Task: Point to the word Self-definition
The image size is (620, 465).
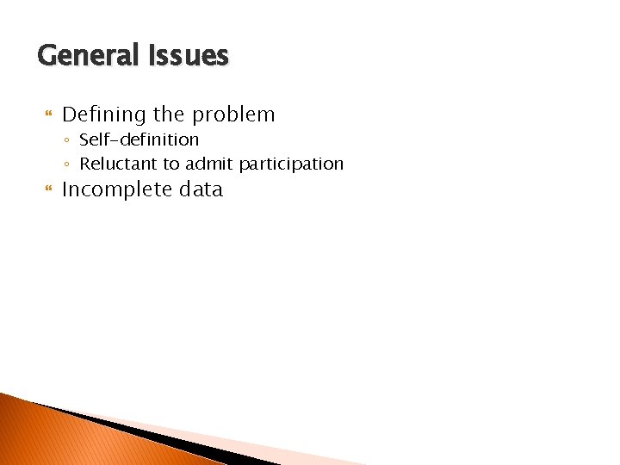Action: tap(139, 139)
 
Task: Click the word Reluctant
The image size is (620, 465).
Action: tap(115, 164)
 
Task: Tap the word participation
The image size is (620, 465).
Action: tap(291, 164)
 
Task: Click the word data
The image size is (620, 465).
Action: tap(201, 189)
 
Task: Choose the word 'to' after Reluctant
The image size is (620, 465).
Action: tap(169, 164)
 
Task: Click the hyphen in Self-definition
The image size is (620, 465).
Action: tap(112, 140)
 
